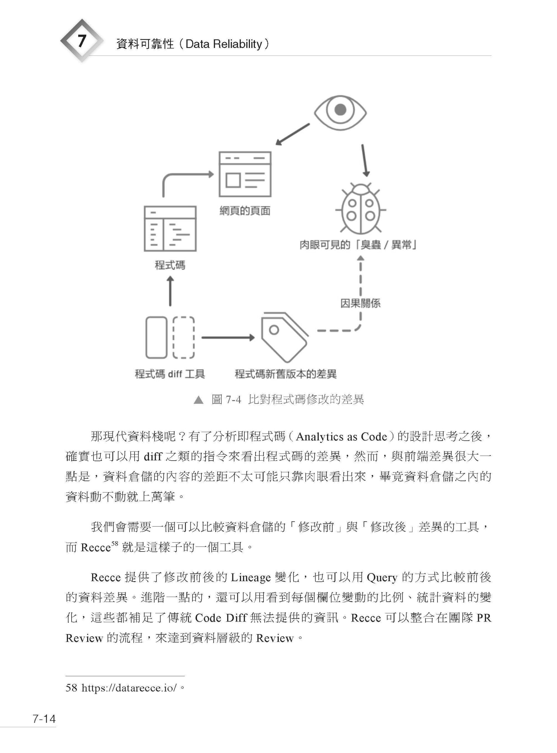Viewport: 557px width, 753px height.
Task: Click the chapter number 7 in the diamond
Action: [x=82, y=41]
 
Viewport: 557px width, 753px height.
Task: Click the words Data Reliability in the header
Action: [x=223, y=44]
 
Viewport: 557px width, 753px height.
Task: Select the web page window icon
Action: [x=245, y=174]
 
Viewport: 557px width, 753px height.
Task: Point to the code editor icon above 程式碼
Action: [x=170, y=229]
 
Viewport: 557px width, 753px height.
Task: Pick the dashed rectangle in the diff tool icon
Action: [x=184, y=337]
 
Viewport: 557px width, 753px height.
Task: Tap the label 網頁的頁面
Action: [x=245, y=211]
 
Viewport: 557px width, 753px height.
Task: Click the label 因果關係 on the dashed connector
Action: [x=360, y=303]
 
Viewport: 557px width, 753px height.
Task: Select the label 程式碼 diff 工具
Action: [x=170, y=374]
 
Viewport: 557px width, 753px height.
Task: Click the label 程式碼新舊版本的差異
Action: [x=286, y=374]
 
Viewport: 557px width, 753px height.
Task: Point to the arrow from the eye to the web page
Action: [x=292, y=134]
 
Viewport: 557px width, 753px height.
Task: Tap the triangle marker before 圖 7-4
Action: [x=199, y=400]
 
